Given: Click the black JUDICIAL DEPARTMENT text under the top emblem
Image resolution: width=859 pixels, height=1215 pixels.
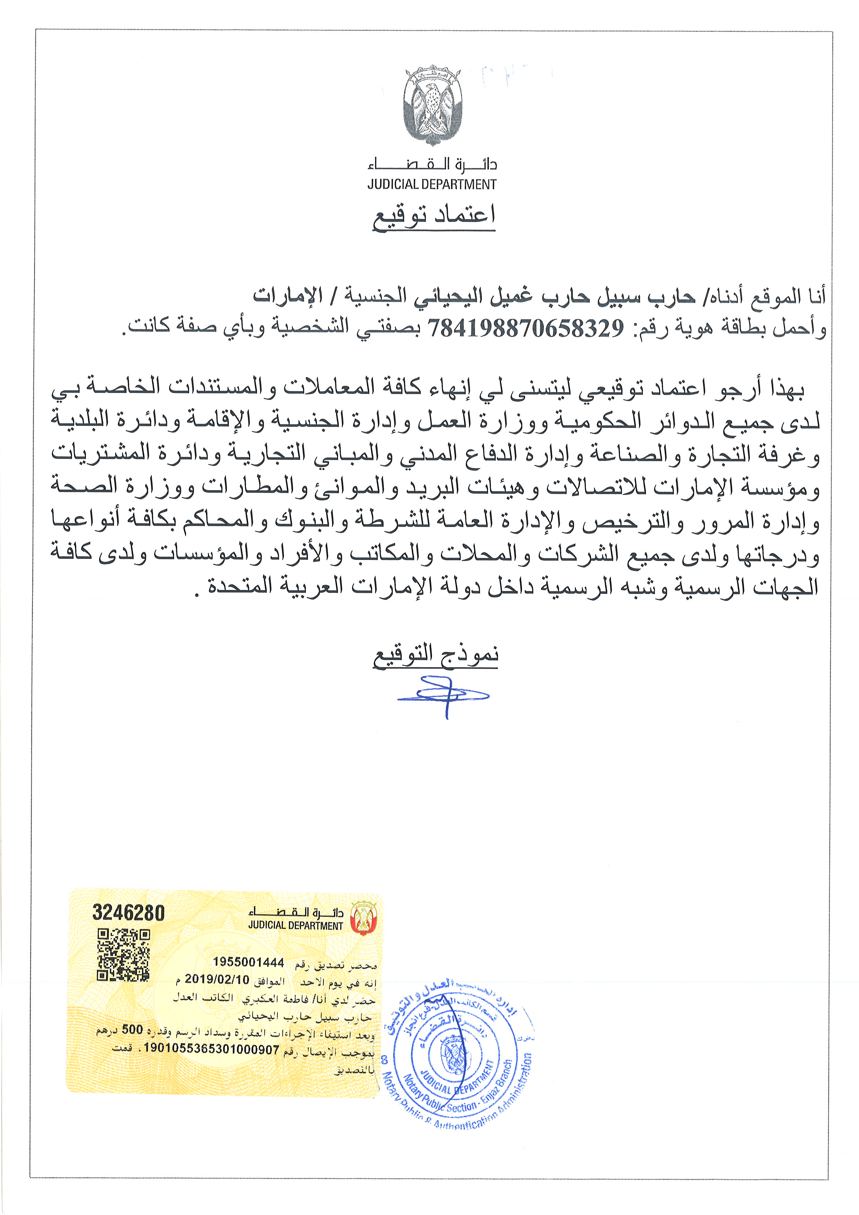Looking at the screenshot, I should click(x=432, y=185).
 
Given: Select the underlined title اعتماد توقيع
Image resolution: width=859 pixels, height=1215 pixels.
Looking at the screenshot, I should click(x=434, y=215).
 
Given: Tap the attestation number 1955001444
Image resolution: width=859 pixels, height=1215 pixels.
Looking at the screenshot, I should click(x=249, y=962).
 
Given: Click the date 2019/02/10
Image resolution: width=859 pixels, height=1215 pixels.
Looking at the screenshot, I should click(x=217, y=979).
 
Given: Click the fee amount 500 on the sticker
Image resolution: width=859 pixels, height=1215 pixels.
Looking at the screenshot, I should click(x=132, y=1029).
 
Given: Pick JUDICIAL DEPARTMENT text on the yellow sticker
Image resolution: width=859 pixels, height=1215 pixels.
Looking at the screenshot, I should click(x=296, y=925).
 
